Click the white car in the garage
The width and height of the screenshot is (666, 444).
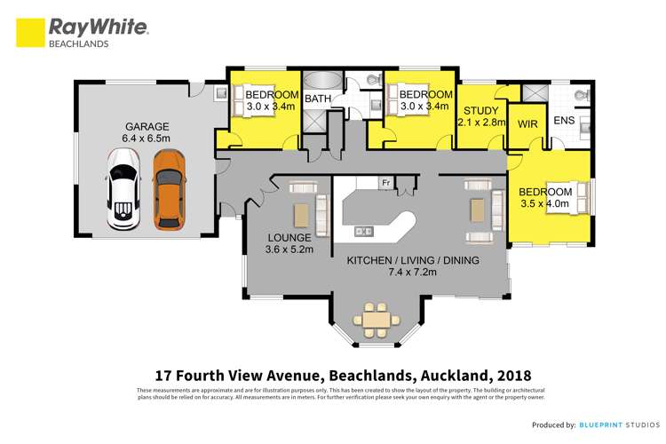tap(123, 188)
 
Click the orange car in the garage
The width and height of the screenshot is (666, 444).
tap(169, 188)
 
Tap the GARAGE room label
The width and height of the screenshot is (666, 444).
tap(146, 126)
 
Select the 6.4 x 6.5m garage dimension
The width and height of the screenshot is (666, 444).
tap(146, 139)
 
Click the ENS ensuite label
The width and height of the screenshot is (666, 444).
tap(564, 120)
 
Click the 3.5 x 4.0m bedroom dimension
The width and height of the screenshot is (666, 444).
tap(545, 204)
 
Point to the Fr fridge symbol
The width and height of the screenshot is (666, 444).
tap(385, 183)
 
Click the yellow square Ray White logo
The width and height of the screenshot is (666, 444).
tap(31, 33)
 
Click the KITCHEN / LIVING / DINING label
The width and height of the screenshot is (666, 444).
tap(413, 260)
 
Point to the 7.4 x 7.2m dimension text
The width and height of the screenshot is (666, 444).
tap(413, 273)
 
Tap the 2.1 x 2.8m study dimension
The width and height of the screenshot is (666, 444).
tap(481, 123)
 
